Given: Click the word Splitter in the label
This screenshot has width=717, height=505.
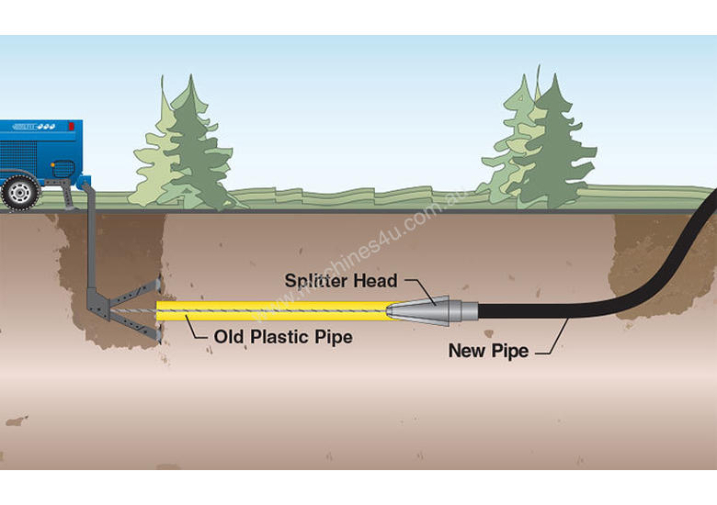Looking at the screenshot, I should pos(315,281).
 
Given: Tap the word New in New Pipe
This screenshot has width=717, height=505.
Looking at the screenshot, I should pos(466,351).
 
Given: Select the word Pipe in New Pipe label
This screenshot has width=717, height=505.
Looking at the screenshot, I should pos(511,351).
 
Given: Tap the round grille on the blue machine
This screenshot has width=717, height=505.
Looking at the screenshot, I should pos(64,168).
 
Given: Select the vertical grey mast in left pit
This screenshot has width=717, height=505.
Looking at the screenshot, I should pos(92,248).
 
